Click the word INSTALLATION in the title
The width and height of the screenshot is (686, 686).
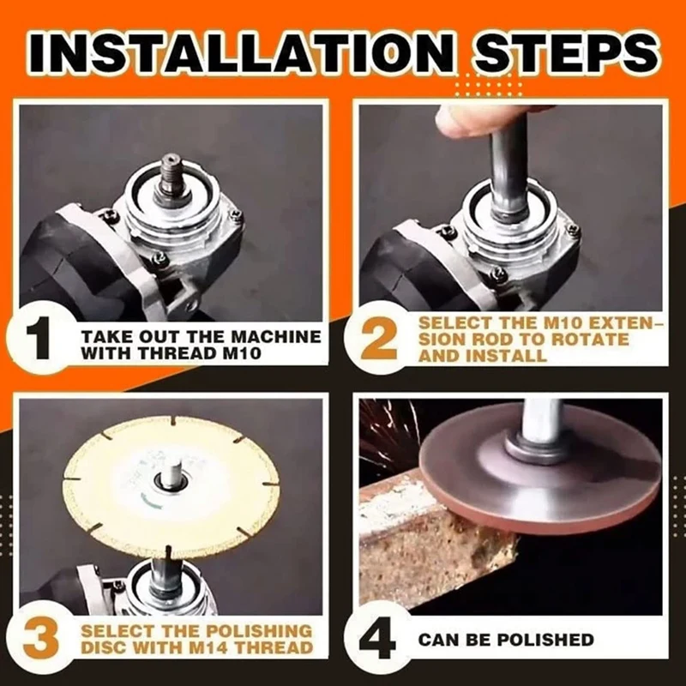[239, 53]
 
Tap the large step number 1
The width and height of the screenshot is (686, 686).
[42, 340]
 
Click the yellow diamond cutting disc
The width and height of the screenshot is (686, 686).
[171, 486]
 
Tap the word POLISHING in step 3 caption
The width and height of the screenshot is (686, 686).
[259, 631]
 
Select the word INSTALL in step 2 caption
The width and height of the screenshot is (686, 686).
[507, 356]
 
